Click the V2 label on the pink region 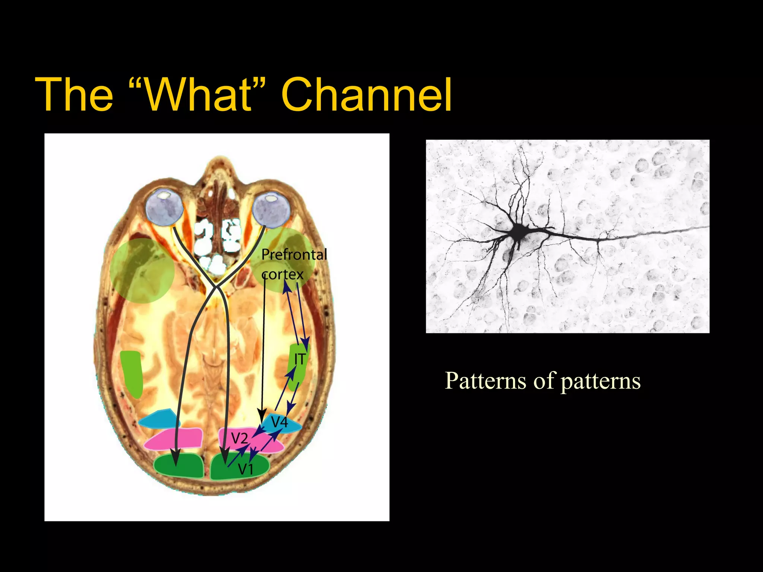pyautogui.click(x=240, y=438)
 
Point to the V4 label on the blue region pyautogui.click(x=279, y=422)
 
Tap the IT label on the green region pyautogui.click(x=300, y=359)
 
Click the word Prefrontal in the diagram pyautogui.click(x=294, y=255)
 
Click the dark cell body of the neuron pyautogui.click(x=517, y=233)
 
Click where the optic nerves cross pyautogui.click(x=216, y=287)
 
